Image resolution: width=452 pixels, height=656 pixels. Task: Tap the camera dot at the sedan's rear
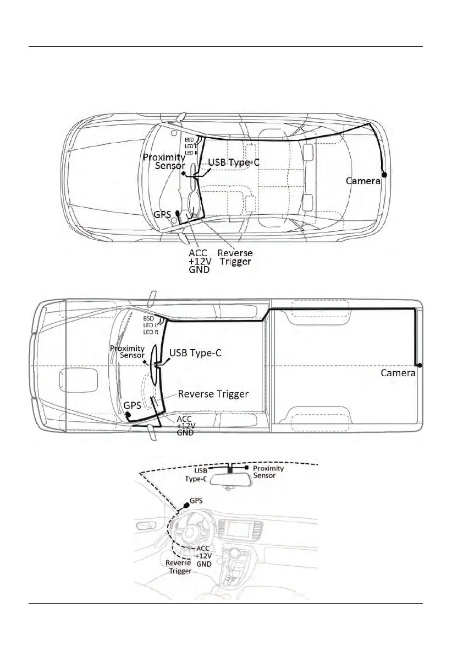384,175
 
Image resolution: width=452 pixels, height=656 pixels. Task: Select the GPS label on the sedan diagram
163,215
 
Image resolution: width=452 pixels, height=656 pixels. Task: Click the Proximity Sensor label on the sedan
164,161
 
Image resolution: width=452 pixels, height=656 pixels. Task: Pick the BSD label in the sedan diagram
189,140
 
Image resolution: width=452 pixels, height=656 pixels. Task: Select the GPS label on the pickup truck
133,405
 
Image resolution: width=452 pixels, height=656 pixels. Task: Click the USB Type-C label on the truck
195,353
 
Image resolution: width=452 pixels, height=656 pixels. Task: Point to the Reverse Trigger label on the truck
213,394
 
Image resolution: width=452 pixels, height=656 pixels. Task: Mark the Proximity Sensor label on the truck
127,351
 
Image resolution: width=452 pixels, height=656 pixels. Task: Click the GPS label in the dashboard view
197,502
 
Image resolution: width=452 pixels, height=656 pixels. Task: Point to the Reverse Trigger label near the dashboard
179,567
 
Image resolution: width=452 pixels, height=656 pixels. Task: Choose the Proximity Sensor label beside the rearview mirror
268,472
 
